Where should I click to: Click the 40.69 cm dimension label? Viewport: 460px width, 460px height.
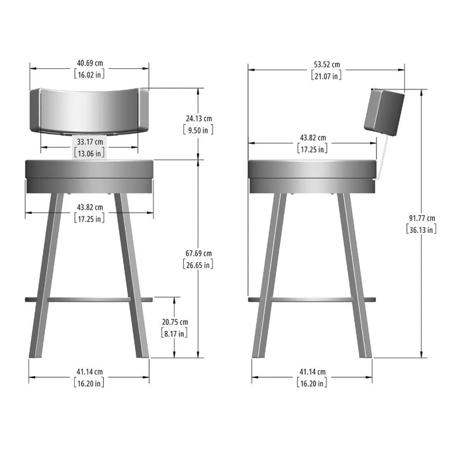click(90, 63)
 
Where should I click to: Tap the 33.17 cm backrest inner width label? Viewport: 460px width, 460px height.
click(90, 142)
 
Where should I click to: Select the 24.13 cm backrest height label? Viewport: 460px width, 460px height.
click(199, 118)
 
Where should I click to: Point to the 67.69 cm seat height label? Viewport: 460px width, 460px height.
click(199, 253)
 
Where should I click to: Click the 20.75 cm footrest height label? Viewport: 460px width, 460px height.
click(175, 322)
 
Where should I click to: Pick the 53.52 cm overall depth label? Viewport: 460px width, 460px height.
click(327, 65)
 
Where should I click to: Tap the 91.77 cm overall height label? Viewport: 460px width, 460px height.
click(422, 218)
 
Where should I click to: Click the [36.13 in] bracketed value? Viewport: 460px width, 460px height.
click(421, 229)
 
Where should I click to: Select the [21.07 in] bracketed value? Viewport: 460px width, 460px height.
click(326, 75)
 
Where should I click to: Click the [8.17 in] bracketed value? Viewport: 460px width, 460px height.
click(174, 334)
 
